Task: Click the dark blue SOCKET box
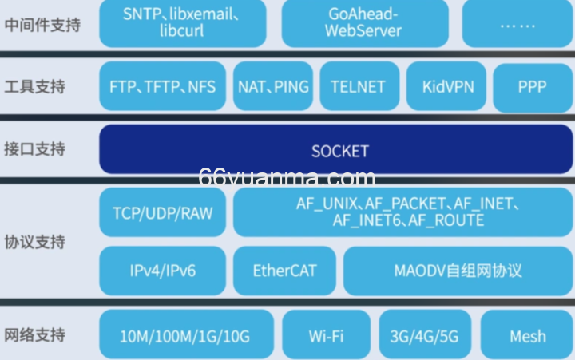coord(336,149)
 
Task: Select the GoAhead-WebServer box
coord(365,23)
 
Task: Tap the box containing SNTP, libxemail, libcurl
coord(183,23)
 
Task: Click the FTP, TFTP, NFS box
coord(162,86)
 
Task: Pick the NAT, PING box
coord(273,86)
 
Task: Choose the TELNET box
coord(359,86)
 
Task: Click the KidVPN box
coord(446,86)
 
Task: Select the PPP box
coord(533,88)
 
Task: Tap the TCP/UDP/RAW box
coord(162,212)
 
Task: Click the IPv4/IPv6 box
coord(162,271)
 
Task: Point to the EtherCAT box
coord(284,271)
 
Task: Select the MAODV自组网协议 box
coord(458,271)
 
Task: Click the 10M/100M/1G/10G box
coord(186,334)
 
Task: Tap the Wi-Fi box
coord(326,334)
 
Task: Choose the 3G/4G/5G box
coord(425,334)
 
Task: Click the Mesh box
coord(526,334)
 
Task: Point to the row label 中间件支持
coord(42,25)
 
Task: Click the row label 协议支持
coord(35,242)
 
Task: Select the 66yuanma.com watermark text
coord(287,178)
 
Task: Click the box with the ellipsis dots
coord(517,23)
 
